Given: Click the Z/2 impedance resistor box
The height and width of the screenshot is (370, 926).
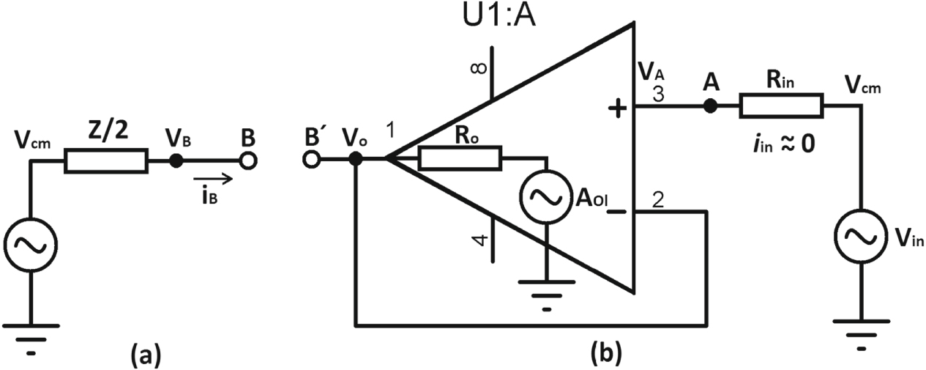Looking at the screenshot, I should pos(106,161).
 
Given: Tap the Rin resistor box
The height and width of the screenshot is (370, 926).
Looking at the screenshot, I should pos(782,106).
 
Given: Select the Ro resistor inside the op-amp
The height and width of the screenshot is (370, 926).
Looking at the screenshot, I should pos(460,158).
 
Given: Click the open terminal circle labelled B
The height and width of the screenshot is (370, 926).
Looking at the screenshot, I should pos(248,161).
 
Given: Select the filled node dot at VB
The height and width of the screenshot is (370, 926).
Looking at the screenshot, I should pos(176,161).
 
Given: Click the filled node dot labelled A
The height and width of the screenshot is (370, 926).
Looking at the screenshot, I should pos(709,106).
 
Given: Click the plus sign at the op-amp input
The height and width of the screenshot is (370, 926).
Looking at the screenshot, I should pos(618,110).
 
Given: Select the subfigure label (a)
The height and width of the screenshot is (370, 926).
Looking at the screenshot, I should pos(142,355).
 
